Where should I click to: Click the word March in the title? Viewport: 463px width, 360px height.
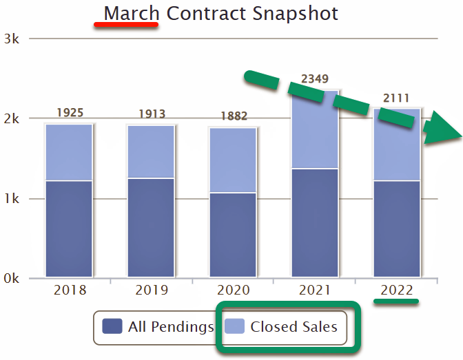pyautogui.click(x=131, y=13)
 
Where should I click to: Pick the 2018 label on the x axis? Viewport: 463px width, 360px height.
pyautogui.click(x=69, y=290)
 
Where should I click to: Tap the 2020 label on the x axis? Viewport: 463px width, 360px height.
pyautogui.click(x=233, y=290)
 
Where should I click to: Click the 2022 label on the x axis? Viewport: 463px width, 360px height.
pyautogui.click(x=396, y=290)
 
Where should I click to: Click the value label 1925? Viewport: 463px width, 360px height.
pyautogui.click(x=69, y=113)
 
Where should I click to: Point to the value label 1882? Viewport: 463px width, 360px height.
pyautogui.click(x=233, y=116)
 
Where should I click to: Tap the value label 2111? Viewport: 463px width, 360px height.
pyautogui.click(x=396, y=98)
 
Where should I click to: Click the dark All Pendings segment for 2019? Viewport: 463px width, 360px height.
pyautogui.click(x=151, y=227)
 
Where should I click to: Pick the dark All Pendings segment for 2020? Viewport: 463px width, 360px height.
pyautogui.click(x=233, y=234)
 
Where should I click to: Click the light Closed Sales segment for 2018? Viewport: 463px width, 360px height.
pyautogui.click(x=69, y=152)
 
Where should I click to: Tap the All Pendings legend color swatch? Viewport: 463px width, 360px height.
pyautogui.click(x=112, y=326)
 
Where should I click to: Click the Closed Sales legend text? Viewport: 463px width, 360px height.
pyautogui.click(x=294, y=326)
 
